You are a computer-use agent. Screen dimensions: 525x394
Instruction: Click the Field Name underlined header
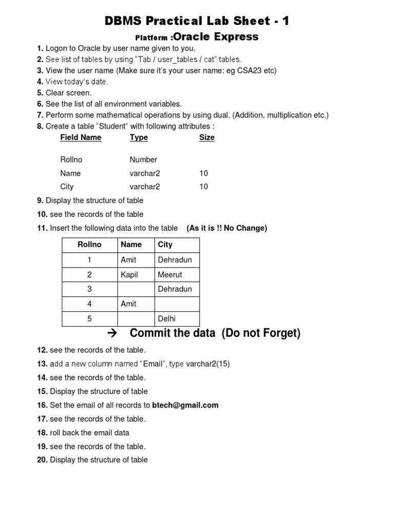[x=81, y=137]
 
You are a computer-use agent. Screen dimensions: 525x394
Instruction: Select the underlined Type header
[x=139, y=137]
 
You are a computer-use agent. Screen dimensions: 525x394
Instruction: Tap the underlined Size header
[x=207, y=137]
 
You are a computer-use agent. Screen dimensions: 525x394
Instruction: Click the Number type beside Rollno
[x=143, y=159]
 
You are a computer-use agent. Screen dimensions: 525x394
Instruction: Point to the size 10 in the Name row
[x=204, y=173]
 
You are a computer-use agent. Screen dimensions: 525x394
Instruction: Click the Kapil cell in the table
[x=129, y=275]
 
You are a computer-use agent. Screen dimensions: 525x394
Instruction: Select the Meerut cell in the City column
[x=170, y=275]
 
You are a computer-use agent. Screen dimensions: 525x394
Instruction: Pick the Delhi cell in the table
[x=167, y=319]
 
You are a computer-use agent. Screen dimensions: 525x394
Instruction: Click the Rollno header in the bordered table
[x=89, y=245]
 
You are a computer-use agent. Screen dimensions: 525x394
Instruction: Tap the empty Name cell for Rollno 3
[x=135, y=289]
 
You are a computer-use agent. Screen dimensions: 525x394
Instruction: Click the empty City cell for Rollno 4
[x=177, y=304]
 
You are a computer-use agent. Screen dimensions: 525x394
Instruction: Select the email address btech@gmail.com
[x=185, y=405]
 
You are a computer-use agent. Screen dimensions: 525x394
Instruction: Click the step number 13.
[x=42, y=364]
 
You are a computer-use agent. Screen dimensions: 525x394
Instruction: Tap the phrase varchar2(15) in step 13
[x=208, y=364]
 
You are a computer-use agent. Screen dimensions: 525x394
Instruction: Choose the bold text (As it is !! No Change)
[x=227, y=228]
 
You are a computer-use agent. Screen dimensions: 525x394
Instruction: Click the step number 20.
[x=42, y=460]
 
